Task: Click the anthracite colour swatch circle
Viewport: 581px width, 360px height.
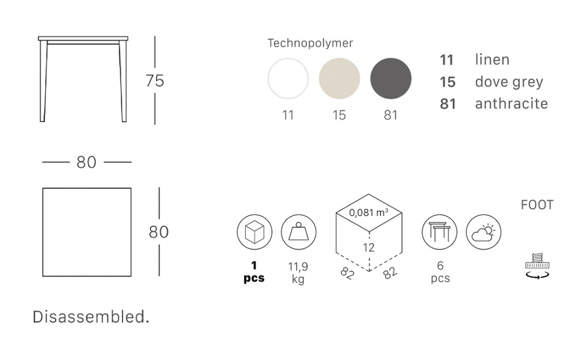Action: pyautogui.click(x=390, y=78)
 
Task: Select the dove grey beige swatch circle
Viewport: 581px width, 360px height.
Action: pyautogui.click(x=339, y=78)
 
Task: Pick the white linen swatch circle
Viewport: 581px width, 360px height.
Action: pyautogui.click(x=288, y=78)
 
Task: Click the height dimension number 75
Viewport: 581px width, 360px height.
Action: pyautogui.click(x=155, y=81)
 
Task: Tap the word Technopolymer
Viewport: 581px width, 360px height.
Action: pyautogui.click(x=310, y=43)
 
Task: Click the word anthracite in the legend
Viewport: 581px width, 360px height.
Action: pyautogui.click(x=511, y=104)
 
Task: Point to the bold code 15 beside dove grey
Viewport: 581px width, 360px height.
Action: pyautogui.click(x=447, y=82)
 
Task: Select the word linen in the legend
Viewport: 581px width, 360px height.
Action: pyautogui.click(x=492, y=60)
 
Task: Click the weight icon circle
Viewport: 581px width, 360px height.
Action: pyautogui.click(x=298, y=232)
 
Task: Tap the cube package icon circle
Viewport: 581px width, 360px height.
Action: pyautogui.click(x=254, y=232)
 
